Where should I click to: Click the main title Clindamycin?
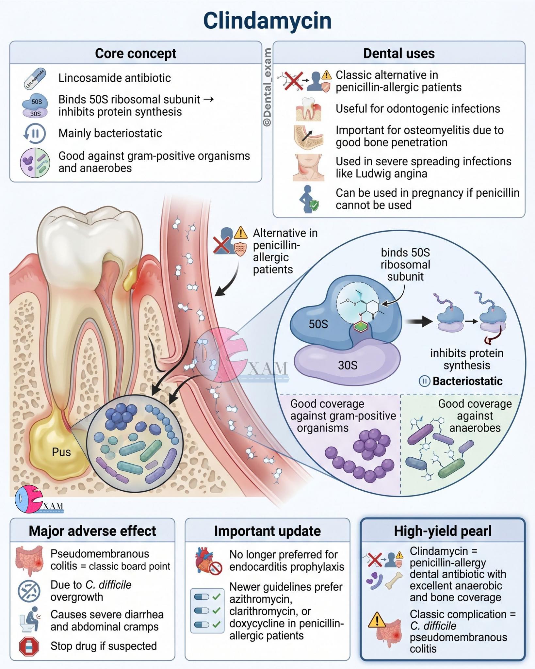tap(267, 21)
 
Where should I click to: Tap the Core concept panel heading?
tap(136, 53)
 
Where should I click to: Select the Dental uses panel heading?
tap(399, 53)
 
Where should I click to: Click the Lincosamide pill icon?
tap(35, 78)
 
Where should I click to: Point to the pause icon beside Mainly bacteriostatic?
tap(35, 134)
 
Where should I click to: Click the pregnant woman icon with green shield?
tap(309, 199)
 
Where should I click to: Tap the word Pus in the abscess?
tap(61, 452)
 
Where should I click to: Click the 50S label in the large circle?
tap(318, 324)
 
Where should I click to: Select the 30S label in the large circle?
tap(348, 365)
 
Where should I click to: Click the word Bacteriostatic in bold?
tap(467, 381)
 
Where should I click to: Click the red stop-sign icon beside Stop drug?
tap(29, 646)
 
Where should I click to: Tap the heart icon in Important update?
tap(208, 561)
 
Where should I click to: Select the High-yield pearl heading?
tap(443, 531)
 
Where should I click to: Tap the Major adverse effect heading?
tap(92, 531)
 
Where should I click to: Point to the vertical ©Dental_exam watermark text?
tap(267, 87)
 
